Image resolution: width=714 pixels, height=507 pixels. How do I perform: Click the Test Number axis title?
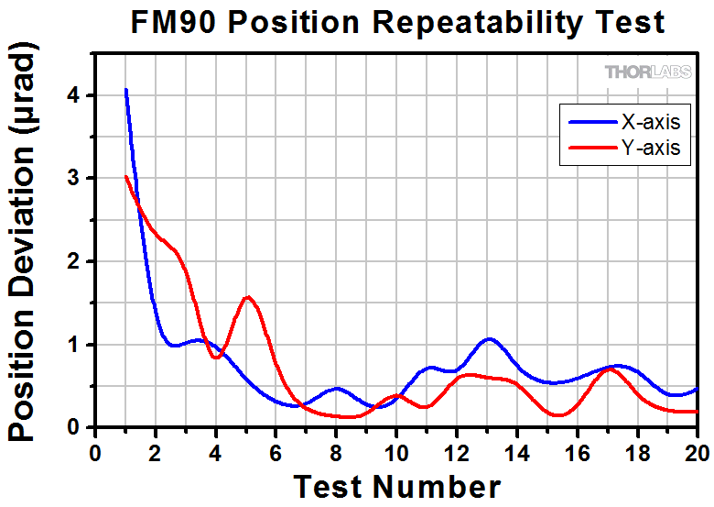397,486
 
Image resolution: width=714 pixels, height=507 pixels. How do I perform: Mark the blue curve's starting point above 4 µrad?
125,90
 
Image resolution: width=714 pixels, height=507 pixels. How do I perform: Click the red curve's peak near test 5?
247,297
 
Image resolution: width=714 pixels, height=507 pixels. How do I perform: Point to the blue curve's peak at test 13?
488,339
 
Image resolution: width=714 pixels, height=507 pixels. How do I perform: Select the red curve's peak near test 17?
611,369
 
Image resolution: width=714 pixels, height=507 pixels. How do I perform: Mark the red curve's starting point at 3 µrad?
125,177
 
